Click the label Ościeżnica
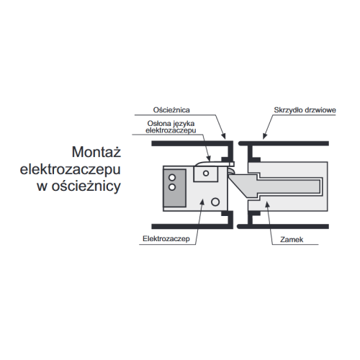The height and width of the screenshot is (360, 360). pos(171,110)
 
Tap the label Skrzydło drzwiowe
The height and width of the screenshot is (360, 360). pos(305,110)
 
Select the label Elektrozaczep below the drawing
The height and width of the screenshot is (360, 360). pos(166,238)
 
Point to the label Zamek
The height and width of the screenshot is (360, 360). pos(292,239)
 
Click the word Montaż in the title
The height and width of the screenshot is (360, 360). pos(96,152)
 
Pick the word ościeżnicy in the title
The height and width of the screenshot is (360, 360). pos(86,186)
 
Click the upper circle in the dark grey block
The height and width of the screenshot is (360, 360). pos(172,178)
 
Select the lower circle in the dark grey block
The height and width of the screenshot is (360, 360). pos(172,187)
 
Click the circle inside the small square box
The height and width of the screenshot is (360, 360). pos(206,174)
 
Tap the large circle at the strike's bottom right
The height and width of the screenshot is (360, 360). pos(215,202)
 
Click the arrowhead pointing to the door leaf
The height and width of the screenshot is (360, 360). pos(264,136)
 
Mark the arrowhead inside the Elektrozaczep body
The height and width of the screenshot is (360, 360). pos(202,202)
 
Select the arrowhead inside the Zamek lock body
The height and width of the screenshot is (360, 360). pos(267,204)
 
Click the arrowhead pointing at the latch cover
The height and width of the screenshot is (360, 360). pos(209,158)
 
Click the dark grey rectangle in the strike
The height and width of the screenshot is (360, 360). pos(174,188)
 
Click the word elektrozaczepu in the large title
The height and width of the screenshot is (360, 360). pos(70,170)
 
